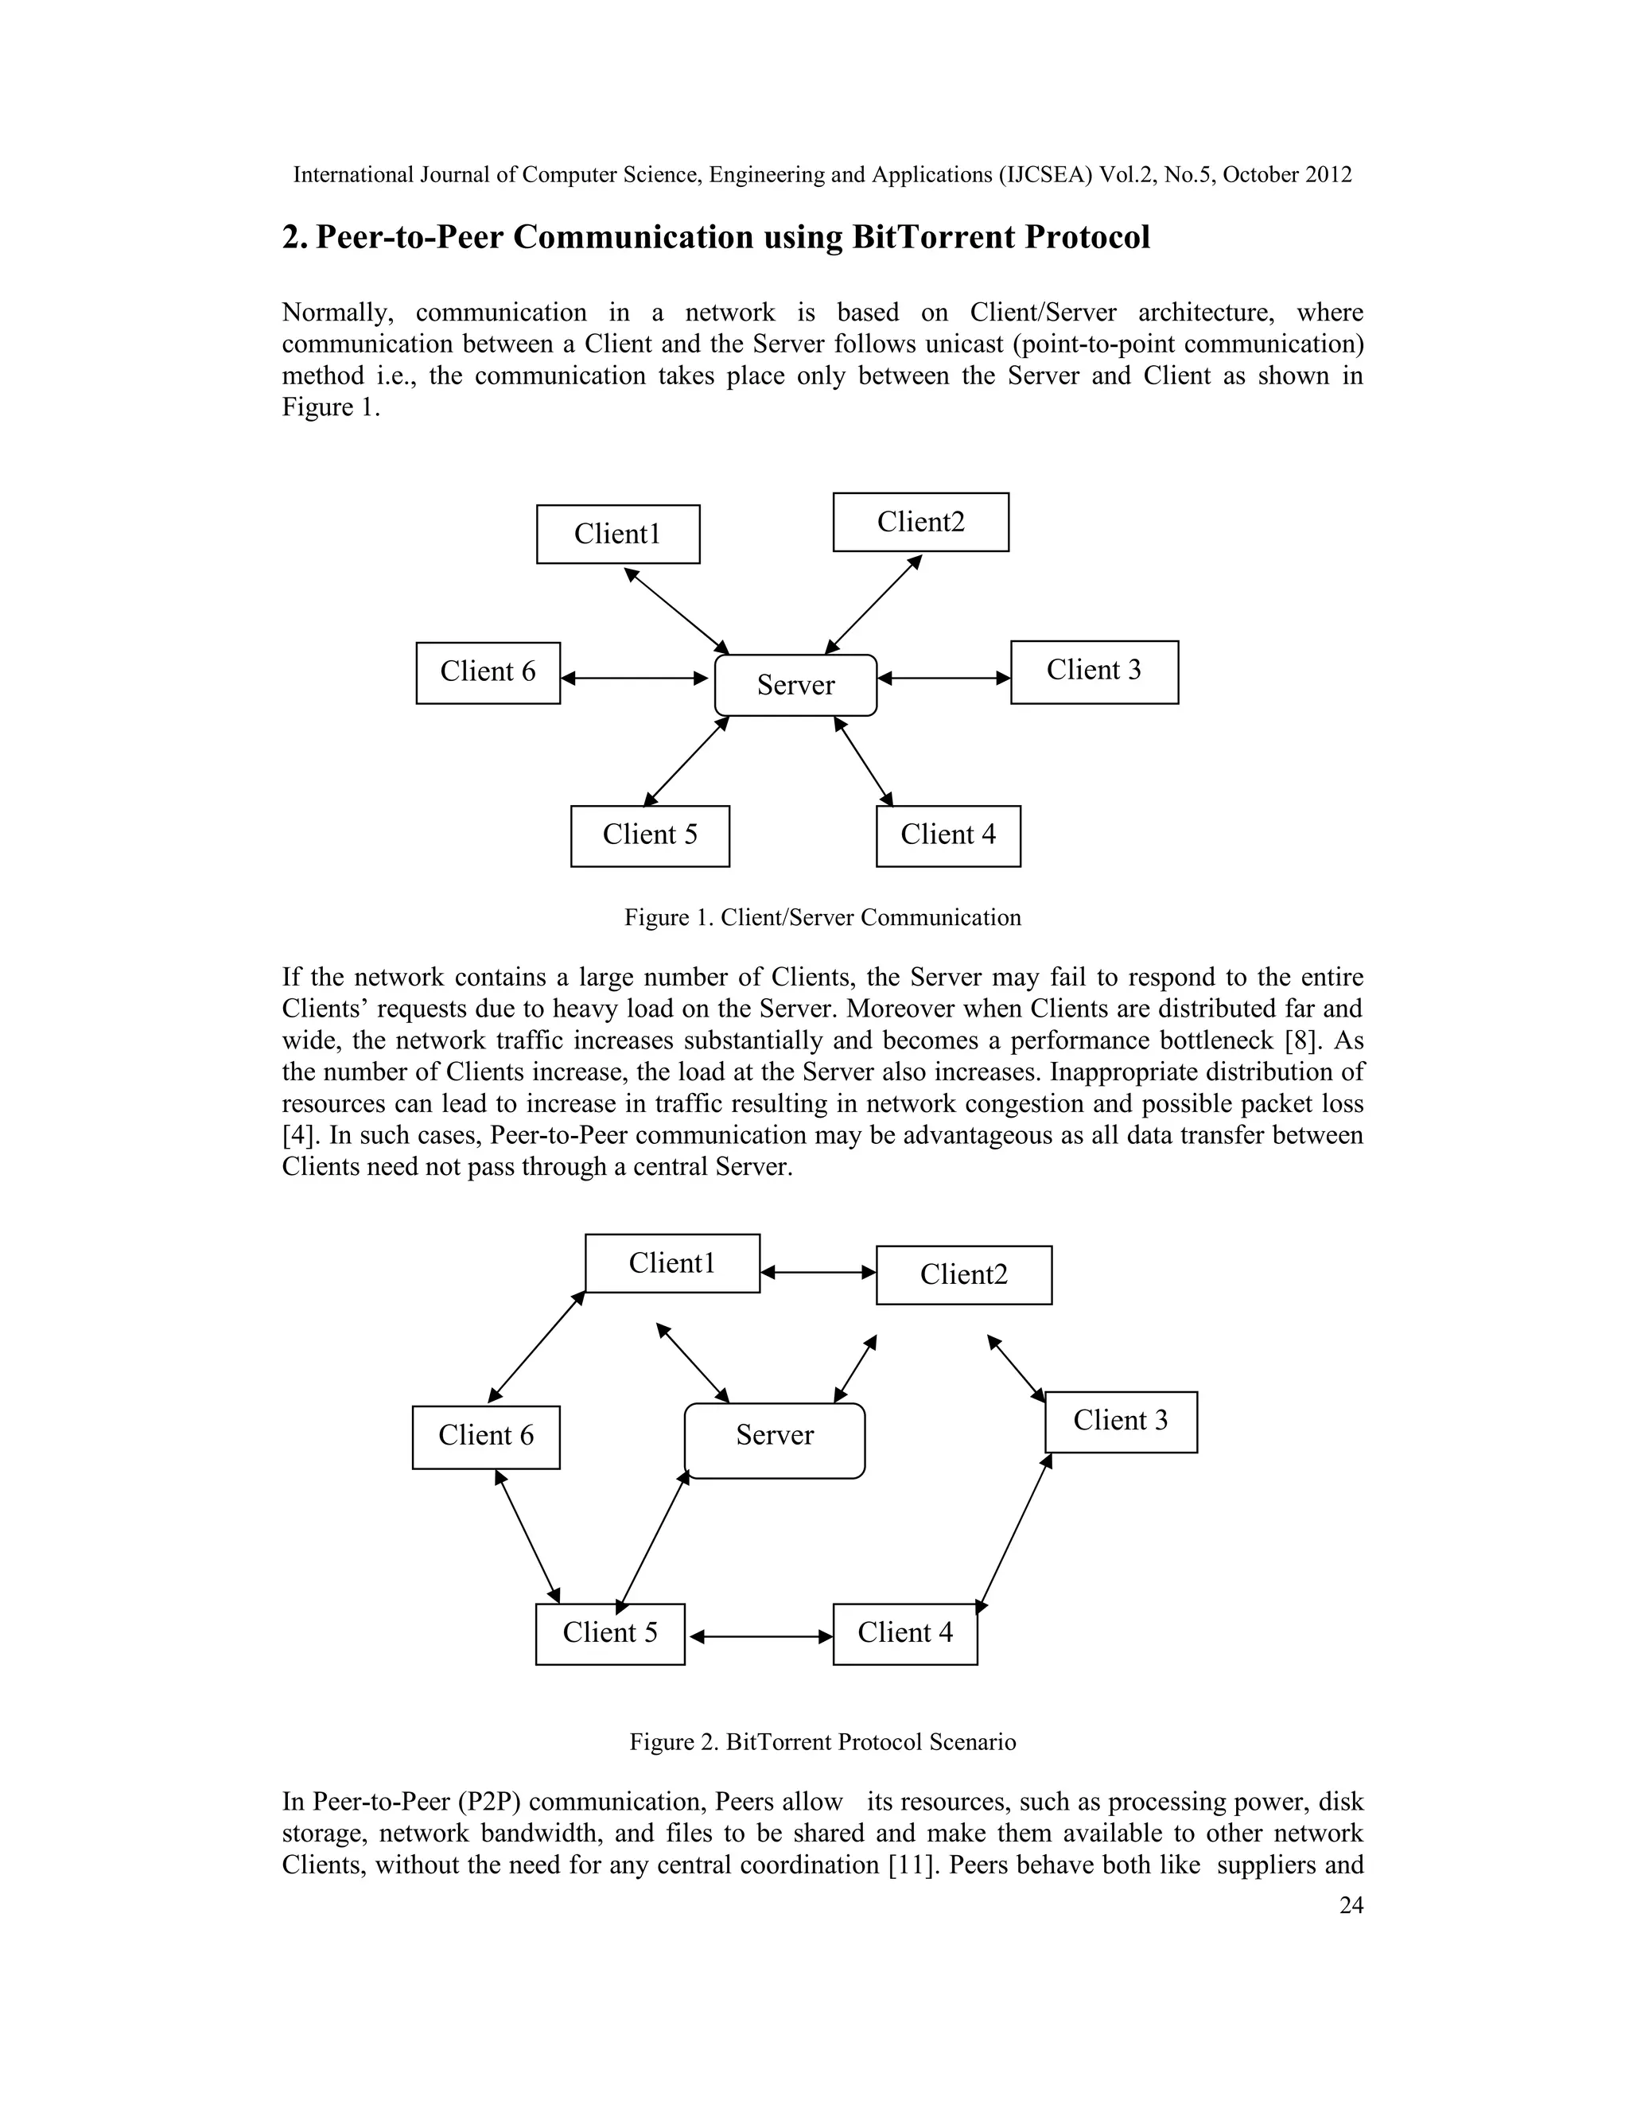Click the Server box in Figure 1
(795, 685)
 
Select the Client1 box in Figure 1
(617, 534)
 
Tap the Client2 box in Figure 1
(920, 522)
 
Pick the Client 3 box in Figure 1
(1094, 672)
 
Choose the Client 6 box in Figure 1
(488, 673)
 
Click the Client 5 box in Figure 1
(650, 836)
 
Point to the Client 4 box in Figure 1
(947, 836)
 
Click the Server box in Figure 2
(774, 1440)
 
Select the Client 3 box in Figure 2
(1121, 1422)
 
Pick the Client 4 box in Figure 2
(904, 1634)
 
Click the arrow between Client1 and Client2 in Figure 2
(818, 1272)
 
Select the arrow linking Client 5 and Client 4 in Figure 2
(760, 1636)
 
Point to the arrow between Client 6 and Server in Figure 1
(635, 679)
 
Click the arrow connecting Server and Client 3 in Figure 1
(943, 679)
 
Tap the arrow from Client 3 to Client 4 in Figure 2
(1013, 1534)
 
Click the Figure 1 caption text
(822, 917)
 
